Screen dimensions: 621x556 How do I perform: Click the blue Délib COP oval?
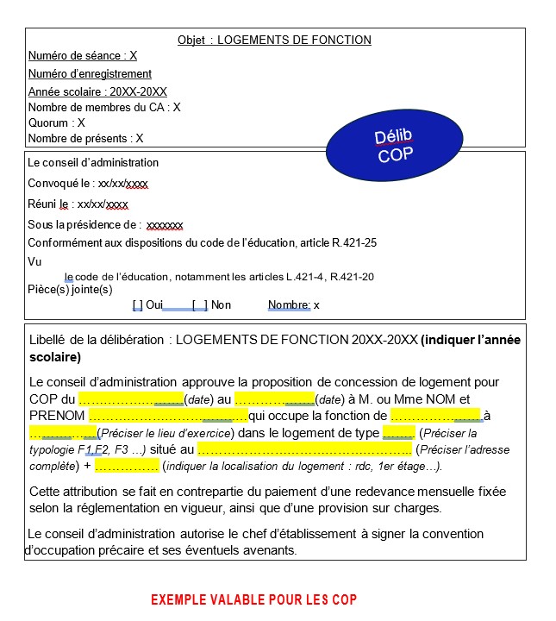point(395,146)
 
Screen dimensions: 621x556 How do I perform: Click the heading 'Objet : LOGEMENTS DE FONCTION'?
point(274,40)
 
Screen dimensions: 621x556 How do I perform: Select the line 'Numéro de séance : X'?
point(83,56)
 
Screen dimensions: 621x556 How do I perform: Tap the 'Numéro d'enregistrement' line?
point(90,73)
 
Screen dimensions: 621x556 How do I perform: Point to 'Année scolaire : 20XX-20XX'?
point(97,91)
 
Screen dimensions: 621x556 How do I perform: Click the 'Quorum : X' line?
point(57,122)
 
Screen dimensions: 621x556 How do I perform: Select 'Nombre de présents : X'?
point(85,138)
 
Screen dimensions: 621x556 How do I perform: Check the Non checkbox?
point(199,304)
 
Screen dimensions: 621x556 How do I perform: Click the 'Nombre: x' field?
point(293,304)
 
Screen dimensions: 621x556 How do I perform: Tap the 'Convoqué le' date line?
point(88,184)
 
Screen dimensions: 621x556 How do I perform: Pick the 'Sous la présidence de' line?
point(105,224)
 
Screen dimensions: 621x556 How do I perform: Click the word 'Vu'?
point(34,261)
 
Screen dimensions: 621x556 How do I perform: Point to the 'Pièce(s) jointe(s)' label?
point(70,289)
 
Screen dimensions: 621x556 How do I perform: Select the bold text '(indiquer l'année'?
point(471,341)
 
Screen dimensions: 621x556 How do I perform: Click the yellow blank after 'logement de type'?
point(398,432)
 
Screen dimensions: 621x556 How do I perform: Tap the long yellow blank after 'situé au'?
point(304,448)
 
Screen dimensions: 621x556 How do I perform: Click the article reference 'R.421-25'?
point(353,243)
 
